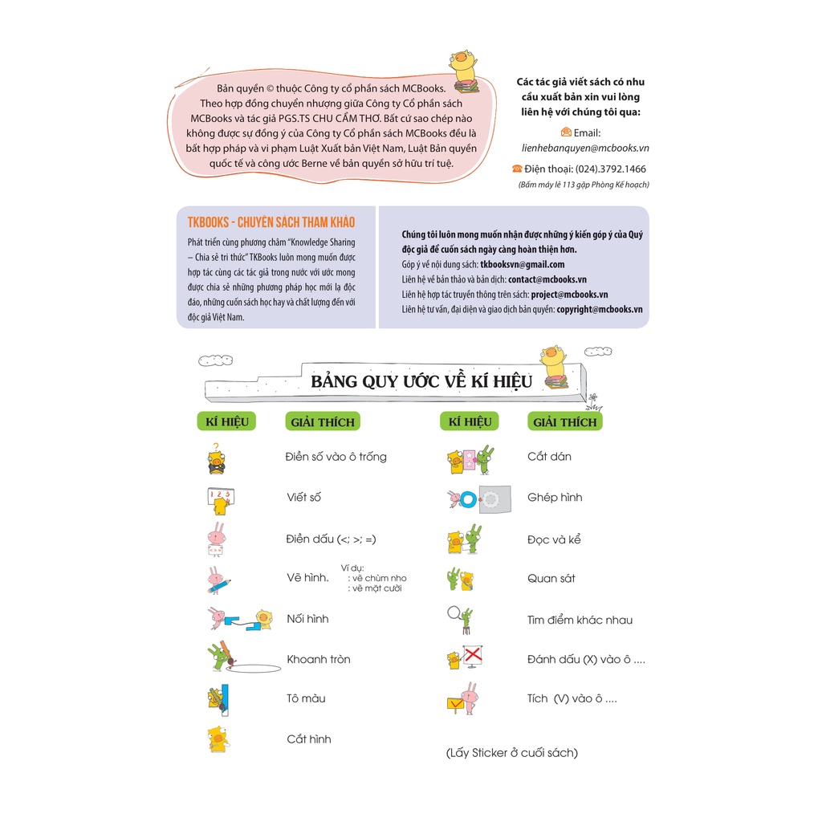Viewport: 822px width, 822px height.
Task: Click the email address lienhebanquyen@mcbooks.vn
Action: (584, 149)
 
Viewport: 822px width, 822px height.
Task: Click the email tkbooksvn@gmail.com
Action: (522, 264)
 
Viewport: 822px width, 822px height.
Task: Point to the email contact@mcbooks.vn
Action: (547, 279)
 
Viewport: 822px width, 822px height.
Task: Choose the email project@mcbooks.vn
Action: (569, 295)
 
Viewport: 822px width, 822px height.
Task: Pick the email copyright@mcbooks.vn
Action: (599, 309)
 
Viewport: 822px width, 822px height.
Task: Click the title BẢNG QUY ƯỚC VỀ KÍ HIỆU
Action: (421, 381)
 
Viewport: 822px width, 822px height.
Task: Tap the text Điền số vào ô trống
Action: (336, 457)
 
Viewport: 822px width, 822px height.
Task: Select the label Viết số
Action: (304, 498)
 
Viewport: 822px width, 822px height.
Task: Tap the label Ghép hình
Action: (555, 498)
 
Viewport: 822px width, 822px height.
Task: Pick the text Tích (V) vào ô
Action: (572, 699)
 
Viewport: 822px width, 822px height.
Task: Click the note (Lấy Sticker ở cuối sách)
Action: (512, 753)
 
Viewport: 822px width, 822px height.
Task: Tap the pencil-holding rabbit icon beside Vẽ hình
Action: (218, 579)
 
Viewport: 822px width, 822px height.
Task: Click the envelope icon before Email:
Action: (566, 132)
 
